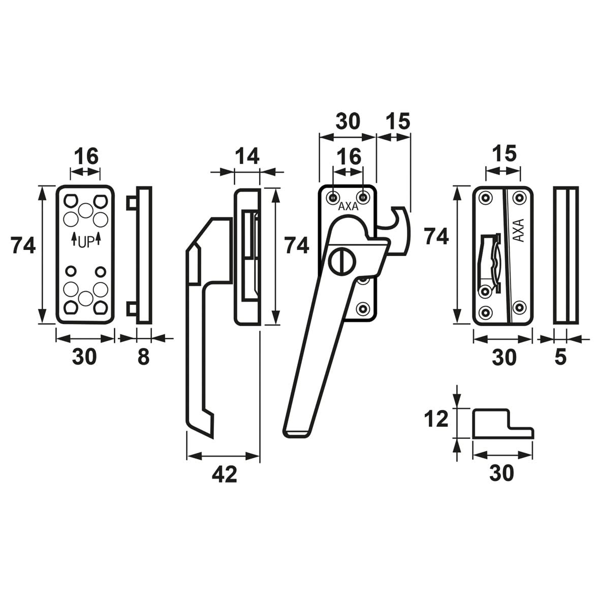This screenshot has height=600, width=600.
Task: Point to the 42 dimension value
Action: [x=224, y=474]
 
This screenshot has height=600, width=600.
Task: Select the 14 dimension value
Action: [x=247, y=156]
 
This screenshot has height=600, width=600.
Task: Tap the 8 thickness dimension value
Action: [x=144, y=357]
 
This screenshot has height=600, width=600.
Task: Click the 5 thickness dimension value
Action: [x=560, y=357]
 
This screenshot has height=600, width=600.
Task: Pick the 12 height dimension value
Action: [x=436, y=419]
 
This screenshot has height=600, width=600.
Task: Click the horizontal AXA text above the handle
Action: [x=348, y=207]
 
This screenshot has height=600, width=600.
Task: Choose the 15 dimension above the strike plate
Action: [x=503, y=153]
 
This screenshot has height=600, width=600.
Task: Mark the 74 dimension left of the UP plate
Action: [x=23, y=246]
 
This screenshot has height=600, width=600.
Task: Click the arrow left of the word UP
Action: [x=74, y=238]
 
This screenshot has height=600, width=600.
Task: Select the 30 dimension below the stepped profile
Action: [x=502, y=473]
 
